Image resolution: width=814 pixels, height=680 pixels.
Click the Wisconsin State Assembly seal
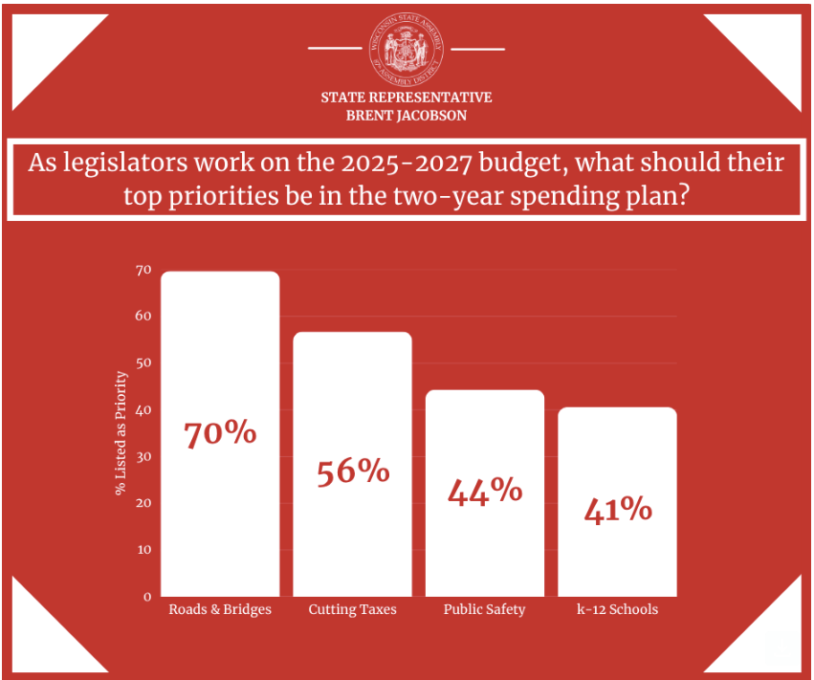tap(407, 48)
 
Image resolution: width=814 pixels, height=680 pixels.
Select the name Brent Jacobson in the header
tap(407, 115)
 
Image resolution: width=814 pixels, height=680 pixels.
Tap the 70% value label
tap(220, 433)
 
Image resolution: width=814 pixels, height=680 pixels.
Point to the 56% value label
tap(353, 471)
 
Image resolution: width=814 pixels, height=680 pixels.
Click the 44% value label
tap(485, 491)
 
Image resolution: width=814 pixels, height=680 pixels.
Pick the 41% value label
tap(617, 509)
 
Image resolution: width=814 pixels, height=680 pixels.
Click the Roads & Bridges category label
tap(220, 609)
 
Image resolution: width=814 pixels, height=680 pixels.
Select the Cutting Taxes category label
tap(352, 609)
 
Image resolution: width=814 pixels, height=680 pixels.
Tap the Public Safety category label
tap(484, 609)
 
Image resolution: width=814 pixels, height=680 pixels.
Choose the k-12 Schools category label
tap(617, 609)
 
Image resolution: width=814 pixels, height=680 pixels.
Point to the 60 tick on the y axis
tap(143, 317)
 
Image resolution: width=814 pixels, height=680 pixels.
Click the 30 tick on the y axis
tap(143, 456)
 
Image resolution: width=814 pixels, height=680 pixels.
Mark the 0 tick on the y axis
tap(147, 597)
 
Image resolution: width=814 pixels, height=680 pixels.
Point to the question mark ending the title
tap(683, 196)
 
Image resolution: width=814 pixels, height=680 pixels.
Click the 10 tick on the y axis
tap(143, 550)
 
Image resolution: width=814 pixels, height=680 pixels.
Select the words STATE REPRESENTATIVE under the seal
tap(407, 98)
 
